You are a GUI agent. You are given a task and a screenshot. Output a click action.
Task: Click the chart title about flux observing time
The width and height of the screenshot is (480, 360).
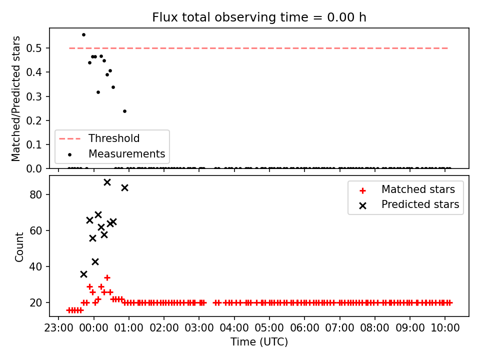(x=259, y=17)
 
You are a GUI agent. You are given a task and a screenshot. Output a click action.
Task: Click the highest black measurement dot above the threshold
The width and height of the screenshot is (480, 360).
(x=83, y=35)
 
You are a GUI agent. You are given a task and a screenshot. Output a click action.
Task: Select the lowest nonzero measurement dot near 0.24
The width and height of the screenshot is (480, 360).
(x=124, y=111)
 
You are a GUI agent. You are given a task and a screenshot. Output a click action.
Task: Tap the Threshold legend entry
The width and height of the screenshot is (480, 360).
(x=99, y=138)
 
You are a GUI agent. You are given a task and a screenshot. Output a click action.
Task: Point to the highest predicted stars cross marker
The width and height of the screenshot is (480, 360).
(x=107, y=182)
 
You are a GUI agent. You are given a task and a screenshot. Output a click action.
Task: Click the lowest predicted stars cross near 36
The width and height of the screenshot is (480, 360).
(x=83, y=274)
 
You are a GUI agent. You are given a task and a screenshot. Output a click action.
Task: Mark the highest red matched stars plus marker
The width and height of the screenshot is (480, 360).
(x=107, y=277)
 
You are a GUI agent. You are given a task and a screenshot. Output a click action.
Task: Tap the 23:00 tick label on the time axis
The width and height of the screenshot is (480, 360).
(x=58, y=328)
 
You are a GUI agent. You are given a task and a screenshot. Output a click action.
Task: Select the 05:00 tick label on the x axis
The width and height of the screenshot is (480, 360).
(x=269, y=328)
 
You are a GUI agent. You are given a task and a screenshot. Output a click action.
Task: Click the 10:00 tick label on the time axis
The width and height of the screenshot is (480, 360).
(x=445, y=328)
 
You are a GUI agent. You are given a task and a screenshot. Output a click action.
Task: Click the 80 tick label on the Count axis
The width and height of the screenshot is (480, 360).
(x=35, y=194)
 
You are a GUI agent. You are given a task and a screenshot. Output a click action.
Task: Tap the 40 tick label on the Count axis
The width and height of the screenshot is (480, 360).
(x=35, y=266)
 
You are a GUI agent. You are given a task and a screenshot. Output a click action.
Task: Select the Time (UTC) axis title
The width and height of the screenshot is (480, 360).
(x=259, y=341)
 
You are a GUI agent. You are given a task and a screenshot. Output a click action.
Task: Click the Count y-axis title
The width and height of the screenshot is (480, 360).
(x=19, y=246)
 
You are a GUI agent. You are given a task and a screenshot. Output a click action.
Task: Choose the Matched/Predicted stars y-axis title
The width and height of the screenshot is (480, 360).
(x=15, y=98)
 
